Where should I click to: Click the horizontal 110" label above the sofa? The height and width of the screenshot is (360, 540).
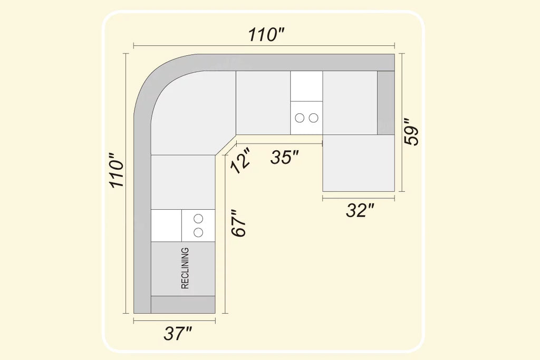[266, 34]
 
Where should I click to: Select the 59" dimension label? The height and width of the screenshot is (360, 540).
[411, 132]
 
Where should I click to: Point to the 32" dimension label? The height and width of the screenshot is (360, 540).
[360, 210]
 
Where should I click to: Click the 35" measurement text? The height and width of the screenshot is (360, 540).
[284, 157]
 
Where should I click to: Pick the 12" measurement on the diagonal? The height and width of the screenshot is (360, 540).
[240, 161]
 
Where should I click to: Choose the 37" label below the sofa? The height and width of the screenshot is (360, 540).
[178, 333]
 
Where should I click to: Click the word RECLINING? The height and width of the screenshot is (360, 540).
[185, 268]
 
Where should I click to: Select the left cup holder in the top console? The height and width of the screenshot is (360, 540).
[300, 118]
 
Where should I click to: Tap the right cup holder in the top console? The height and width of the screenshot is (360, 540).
[313, 118]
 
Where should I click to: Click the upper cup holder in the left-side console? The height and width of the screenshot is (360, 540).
[198, 219]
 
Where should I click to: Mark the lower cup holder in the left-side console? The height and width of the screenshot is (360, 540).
[198, 232]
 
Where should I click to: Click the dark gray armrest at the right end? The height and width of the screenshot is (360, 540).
[385, 103]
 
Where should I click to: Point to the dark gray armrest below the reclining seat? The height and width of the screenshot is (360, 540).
[183, 305]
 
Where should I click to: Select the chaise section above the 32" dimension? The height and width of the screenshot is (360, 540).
[359, 163]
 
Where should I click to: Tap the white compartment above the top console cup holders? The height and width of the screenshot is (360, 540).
[306, 86]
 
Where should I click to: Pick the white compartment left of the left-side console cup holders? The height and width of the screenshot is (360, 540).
[166, 226]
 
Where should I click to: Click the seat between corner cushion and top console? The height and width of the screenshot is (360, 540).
[263, 103]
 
